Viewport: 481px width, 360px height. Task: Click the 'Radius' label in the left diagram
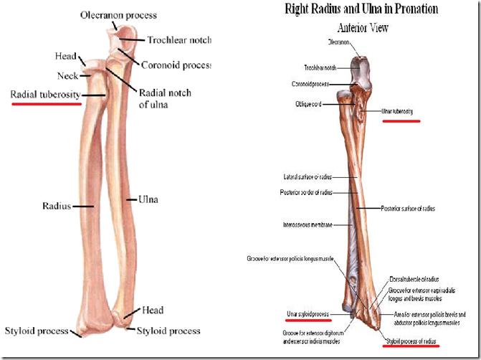(56, 207)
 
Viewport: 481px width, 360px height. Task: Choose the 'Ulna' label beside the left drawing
(148, 199)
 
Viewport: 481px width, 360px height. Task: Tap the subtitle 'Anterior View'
(363, 28)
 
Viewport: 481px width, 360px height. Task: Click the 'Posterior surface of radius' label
(406, 209)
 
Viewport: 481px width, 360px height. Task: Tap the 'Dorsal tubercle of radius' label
(413, 279)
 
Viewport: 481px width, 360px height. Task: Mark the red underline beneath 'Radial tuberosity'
(46, 103)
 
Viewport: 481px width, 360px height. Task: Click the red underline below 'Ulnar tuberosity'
(401, 121)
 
